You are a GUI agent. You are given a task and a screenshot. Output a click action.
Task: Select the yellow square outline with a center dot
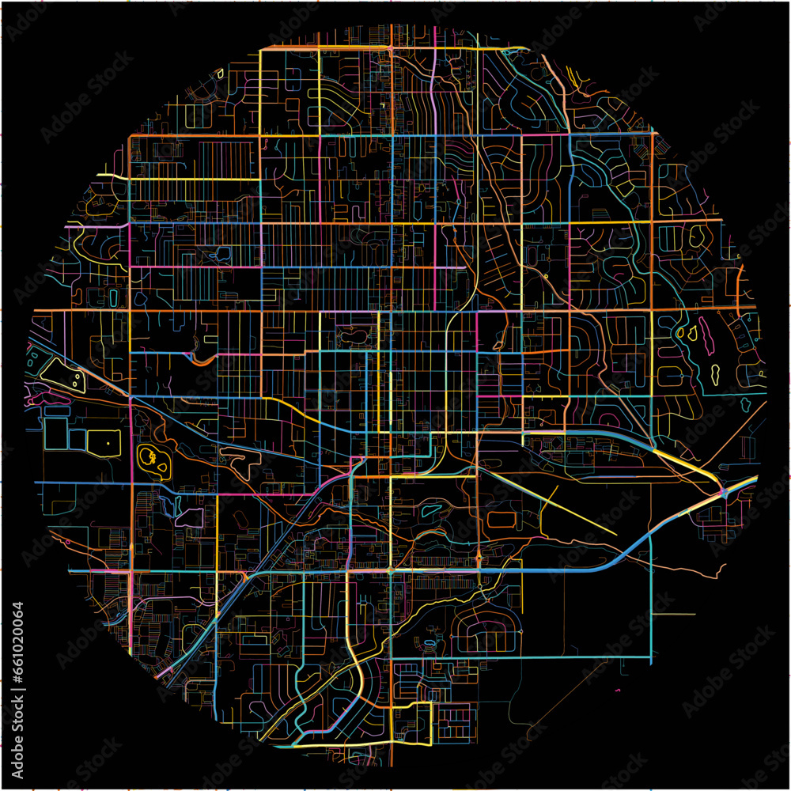click(104, 442)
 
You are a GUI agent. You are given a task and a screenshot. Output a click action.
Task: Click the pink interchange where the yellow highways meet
click(724, 494)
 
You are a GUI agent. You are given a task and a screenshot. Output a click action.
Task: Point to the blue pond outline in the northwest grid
click(224, 254)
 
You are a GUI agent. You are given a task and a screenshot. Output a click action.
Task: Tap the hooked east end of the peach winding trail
click(721, 568)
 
